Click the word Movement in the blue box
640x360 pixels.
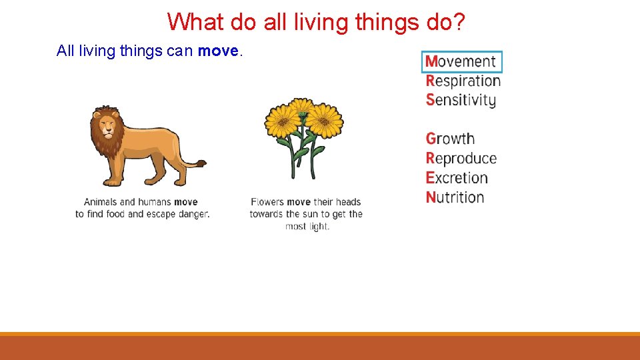click(461, 61)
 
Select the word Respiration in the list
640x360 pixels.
click(463, 81)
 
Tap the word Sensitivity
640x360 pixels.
click(461, 101)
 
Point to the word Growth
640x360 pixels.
click(451, 139)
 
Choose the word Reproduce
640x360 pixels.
click(461, 159)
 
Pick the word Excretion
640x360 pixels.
click(457, 178)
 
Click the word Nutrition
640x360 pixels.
click(455, 197)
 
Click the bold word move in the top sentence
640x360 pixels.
click(217, 51)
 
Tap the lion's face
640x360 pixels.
click(105, 125)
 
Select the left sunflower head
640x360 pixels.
click(283, 121)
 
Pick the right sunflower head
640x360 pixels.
click(324, 120)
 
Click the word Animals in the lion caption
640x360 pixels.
click(101, 202)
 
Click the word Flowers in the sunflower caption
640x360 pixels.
click(267, 202)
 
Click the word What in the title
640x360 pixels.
click(195, 21)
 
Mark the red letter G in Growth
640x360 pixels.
click(431, 139)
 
